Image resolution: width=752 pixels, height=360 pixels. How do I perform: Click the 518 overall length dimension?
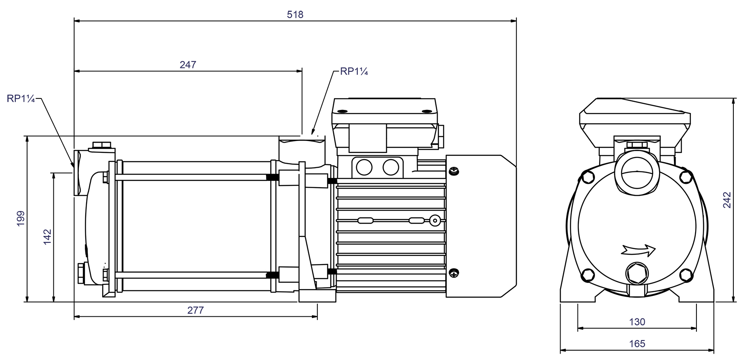coord(295,15)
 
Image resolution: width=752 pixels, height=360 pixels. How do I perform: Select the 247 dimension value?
coord(188,65)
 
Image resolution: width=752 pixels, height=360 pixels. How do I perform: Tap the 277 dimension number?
coord(195,311)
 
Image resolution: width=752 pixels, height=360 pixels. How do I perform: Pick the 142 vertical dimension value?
coord(48,236)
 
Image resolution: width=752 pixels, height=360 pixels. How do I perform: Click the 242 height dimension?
coord(727,200)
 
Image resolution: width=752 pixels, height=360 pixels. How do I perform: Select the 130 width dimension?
coord(637,322)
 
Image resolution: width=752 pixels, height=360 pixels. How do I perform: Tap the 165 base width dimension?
coord(637,344)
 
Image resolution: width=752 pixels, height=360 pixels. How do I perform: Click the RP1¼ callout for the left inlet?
coord(20,99)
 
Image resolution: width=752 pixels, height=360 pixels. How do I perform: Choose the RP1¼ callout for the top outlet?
coord(354,72)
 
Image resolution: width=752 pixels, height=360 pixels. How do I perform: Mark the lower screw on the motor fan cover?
coord(454,273)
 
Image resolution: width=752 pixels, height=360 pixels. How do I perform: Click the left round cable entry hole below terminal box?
coord(364,167)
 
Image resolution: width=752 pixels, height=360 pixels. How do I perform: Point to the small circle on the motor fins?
coord(435,220)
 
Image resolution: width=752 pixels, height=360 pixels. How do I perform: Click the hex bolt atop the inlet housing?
coord(101,145)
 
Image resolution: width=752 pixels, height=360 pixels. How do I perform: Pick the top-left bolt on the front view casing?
coord(588,177)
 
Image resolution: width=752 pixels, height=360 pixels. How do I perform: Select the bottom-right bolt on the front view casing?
coord(686,275)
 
